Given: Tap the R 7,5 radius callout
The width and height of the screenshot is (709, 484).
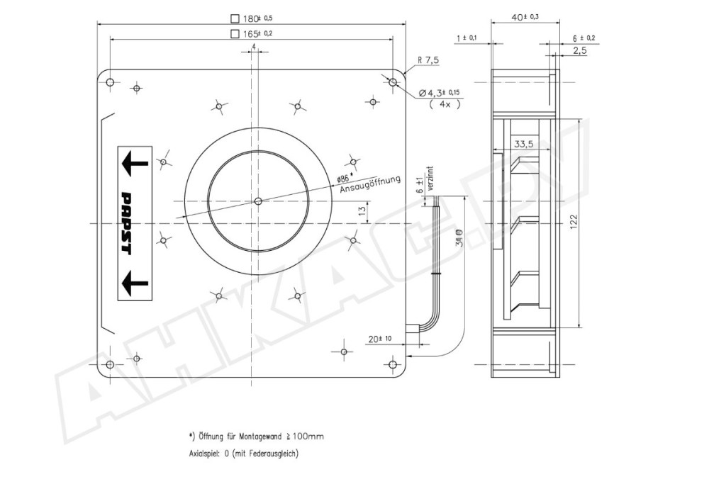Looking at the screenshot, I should tap(428, 61).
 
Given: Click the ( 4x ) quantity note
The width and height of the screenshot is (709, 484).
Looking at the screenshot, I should tap(445, 103).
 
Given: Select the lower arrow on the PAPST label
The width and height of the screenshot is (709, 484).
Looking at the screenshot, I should tap(135, 283).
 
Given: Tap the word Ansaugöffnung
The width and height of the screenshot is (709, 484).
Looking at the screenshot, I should tap(370, 184).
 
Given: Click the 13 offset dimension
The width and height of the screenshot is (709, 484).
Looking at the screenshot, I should tap(362, 211).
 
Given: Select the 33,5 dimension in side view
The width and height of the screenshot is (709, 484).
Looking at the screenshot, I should tap(524, 145).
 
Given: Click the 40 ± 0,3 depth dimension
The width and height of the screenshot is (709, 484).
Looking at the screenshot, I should tap(525, 16).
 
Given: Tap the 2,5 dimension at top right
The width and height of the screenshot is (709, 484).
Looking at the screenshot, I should tap(579, 51).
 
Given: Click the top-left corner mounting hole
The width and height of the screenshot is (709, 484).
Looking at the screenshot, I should tap(109, 83).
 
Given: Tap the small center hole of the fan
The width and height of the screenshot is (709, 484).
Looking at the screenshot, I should tap(257, 201).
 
